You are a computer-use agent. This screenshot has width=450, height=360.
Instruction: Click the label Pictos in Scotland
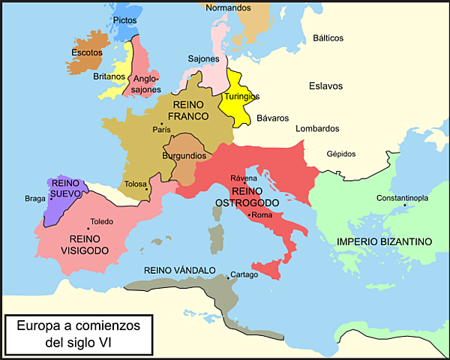[x=126, y=20]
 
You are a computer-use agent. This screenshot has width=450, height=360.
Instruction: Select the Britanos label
[x=109, y=76]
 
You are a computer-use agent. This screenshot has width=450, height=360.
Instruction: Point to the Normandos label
[x=228, y=8]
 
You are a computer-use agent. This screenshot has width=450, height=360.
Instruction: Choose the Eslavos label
[x=325, y=85]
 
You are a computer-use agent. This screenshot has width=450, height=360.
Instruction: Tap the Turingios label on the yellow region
[x=241, y=97]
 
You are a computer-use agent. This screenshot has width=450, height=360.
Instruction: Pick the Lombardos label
[x=317, y=129]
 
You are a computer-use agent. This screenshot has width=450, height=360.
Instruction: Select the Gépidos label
[x=341, y=154]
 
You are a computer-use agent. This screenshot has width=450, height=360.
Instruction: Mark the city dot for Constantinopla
[x=404, y=205]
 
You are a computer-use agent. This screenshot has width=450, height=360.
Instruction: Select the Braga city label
[x=34, y=199]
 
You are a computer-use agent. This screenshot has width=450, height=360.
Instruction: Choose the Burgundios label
[x=184, y=156]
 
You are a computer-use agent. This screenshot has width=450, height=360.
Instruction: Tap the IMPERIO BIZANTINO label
[x=384, y=241]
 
